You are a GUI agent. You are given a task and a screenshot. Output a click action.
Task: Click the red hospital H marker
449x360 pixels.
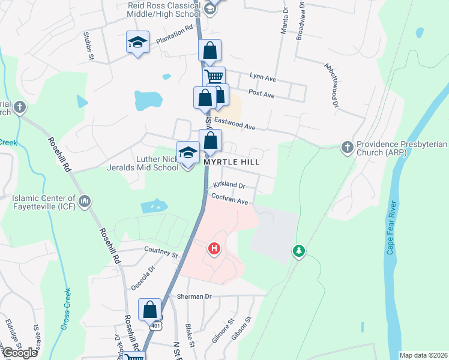tap(214, 248)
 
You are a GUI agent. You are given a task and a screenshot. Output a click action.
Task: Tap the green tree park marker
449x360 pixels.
tap(298, 250)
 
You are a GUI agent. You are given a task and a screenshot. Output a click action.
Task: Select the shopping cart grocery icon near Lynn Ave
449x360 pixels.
tap(213, 77)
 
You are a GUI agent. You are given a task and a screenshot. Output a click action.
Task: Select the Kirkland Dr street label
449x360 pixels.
tap(230, 186)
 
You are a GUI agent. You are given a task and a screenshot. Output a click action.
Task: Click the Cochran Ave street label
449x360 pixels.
tap(229, 202)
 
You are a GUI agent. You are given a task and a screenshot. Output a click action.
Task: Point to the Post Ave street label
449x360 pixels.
tap(261, 94)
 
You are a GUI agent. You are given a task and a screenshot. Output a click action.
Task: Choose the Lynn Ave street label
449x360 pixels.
tap(262, 79)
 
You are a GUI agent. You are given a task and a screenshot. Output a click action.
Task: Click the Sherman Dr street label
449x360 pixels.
tap(194, 296)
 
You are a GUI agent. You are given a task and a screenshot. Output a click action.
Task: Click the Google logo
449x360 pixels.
tap(19, 353)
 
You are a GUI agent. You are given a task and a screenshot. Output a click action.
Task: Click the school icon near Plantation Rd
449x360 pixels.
tap(137, 42)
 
